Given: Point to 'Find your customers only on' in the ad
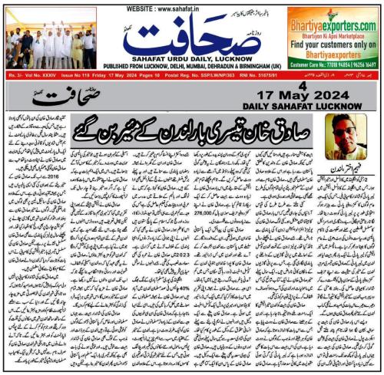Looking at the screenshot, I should [334, 44].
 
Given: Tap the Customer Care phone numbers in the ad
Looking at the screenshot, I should [335, 67].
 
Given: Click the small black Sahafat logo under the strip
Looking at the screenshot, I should [52, 97].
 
